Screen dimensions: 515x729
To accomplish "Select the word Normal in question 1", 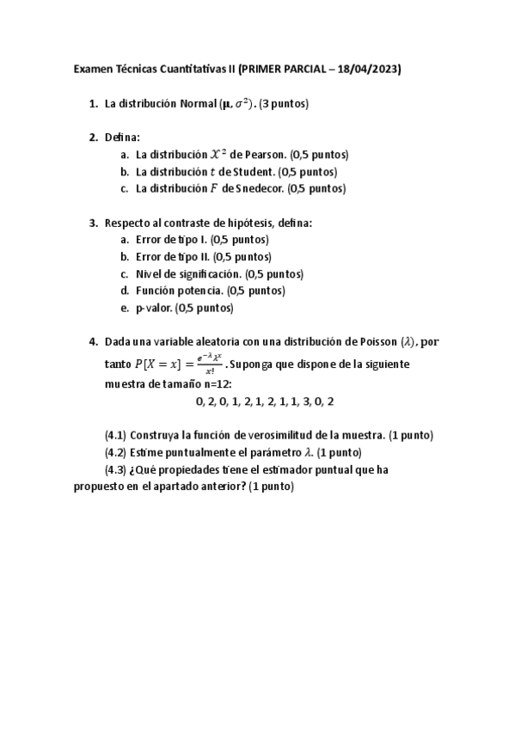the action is (199, 104).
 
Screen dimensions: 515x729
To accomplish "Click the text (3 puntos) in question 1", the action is (283, 104).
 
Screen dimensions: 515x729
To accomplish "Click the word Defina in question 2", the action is (121, 137).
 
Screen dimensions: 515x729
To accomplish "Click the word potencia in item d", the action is (205, 291).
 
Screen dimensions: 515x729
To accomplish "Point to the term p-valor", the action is (155, 307).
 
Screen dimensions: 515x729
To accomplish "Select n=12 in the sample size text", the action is (215, 383).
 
